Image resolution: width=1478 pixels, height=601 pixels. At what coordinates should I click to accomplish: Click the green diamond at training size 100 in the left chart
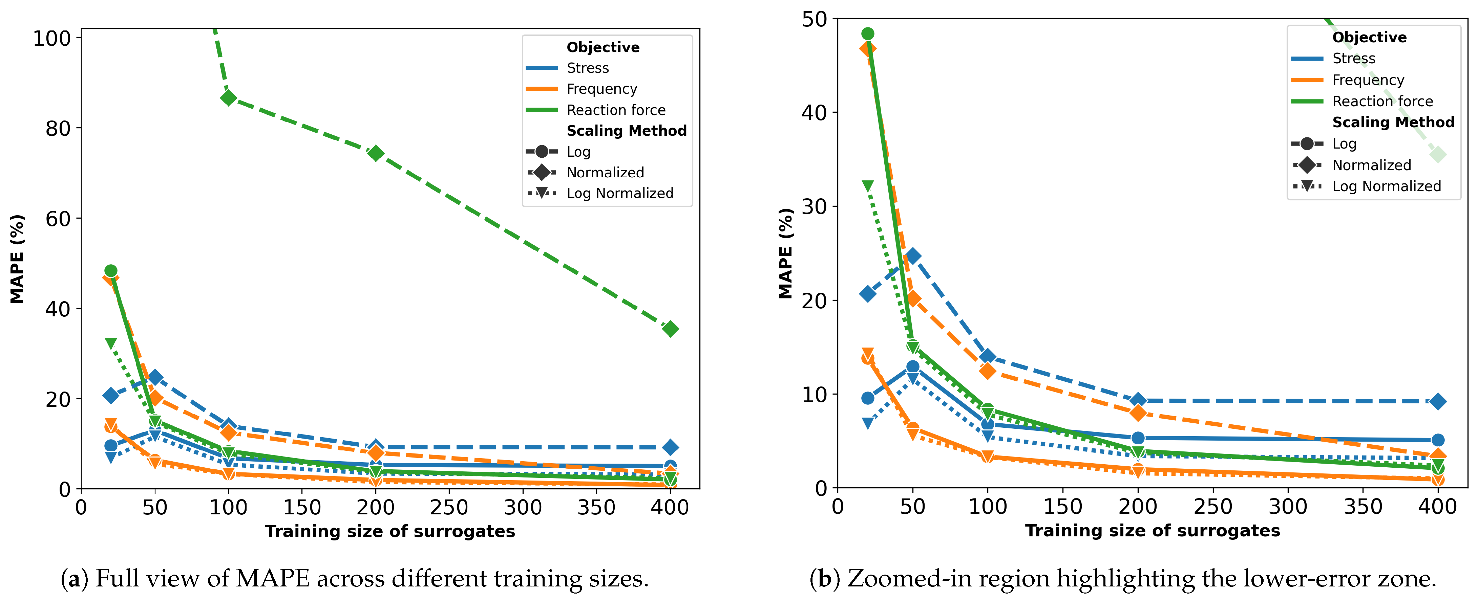tap(228, 98)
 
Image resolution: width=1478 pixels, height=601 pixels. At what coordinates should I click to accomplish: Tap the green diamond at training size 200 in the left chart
tap(376, 153)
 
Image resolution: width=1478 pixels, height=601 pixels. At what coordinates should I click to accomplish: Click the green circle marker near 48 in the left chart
tap(111, 271)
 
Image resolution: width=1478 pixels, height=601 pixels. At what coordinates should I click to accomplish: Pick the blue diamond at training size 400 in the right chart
tap(1437, 401)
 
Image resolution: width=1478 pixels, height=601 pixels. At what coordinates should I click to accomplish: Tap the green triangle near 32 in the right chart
tap(867, 186)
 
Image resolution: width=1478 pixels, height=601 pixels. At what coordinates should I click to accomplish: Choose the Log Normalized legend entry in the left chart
tap(620, 193)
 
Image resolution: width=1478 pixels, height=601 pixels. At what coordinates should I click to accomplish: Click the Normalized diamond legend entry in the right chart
tap(1371, 165)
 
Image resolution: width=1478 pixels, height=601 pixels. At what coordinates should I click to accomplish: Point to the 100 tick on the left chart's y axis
tap(51, 39)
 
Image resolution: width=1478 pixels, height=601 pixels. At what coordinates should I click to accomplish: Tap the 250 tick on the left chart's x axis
tap(449, 507)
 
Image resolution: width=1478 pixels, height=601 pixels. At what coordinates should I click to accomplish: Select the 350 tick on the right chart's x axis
tap(1363, 506)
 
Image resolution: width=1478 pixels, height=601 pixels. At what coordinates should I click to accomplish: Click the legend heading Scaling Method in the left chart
tap(627, 131)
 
